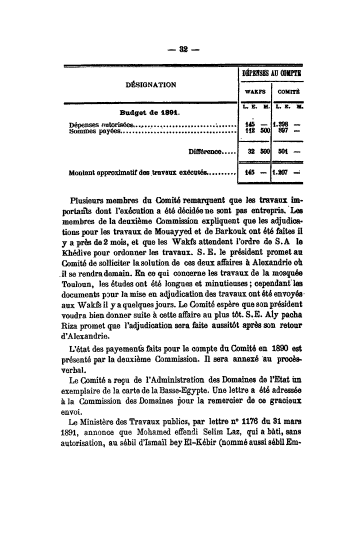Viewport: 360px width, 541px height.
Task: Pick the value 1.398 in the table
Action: click(282, 124)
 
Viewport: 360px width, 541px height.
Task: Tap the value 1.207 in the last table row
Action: click(282, 173)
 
